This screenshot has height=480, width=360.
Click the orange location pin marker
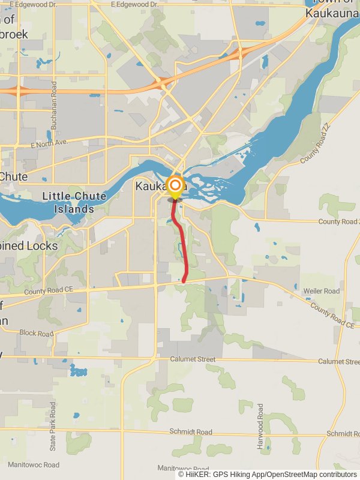(x=175, y=187)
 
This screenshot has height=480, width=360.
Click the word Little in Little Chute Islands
(x=56, y=196)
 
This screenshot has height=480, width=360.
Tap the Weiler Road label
(x=322, y=291)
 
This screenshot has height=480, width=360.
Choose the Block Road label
(x=36, y=333)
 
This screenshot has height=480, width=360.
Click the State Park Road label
(x=53, y=427)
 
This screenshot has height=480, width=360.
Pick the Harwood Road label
(x=260, y=427)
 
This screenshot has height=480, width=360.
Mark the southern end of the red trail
(x=184, y=280)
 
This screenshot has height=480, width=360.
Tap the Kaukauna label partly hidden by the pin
(x=154, y=187)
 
